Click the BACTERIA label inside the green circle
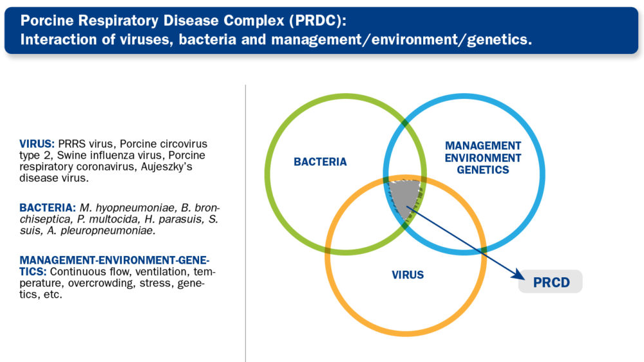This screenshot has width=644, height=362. pyautogui.click(x=320, y=162)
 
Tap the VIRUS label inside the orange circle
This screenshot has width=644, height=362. pyautogui.click(x=408, y=275)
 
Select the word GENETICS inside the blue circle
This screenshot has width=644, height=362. pyautogui.click(x=483, y=170)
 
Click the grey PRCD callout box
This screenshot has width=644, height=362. pyautogui.click(x=551, y=282)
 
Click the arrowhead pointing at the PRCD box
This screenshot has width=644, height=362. pyautogui.click(x=518, y=275)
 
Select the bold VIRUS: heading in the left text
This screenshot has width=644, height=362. pyautogui.click(x=37, y=144)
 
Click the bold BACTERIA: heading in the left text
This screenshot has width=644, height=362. pyautogui.click(x=48, y=208)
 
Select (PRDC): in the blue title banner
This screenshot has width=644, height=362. pyautogui.click(x=317, y=21)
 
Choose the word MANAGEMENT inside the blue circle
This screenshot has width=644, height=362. pyautogui.click(x=483, y=146)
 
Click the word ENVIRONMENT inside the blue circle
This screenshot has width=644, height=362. pyautogui.click(x=483, y=158)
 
